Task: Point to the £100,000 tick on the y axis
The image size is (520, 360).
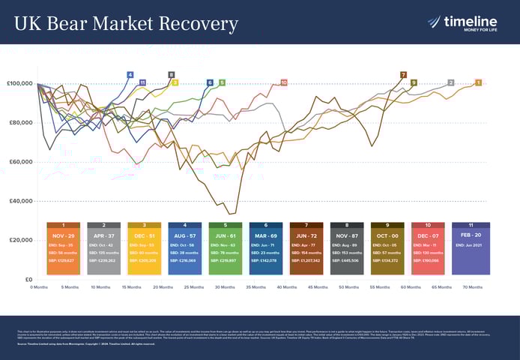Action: pyautogui.click(x=19, y=83)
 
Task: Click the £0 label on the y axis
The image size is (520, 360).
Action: pyautogui.click(x=27, y=279)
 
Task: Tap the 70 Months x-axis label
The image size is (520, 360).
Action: pyautogui.click(x=473, y=286)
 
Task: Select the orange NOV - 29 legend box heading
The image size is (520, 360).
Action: pyautogui.click(x=64, y=235)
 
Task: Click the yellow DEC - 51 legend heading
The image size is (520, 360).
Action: pyautogui.click(x=145, y=235)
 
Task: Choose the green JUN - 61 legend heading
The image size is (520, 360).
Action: pyautogui.click(x=226, y=235)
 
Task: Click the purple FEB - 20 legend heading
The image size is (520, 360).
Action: pyautogui.click(x=471, y=235)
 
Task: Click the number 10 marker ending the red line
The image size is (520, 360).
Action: pyautogui.click(x=283, y=82)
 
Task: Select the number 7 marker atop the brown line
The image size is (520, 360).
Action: pyautogui.click(x=403, y=75)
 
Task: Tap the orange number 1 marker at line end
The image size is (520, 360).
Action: pyautogui.click(x=478, y=82)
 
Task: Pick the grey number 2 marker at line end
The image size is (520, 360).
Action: pyautogui.click(x=450, y=82)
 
